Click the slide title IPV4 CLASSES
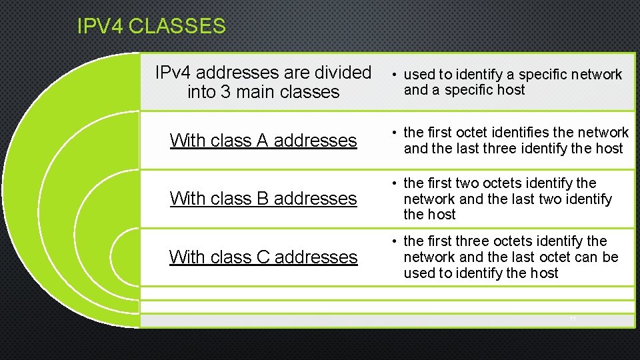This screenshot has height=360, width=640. [x=151, y=27]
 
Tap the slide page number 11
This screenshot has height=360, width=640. [x=573, y=320]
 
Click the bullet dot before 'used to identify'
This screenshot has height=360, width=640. [x=395, y=75]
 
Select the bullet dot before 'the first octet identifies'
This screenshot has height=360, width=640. [x=395, y=133]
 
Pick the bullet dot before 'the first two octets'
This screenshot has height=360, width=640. [x=395, y=183]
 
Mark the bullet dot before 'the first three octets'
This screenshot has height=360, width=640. [x=395, y=241]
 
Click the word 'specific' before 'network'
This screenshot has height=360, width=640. [x=541, y=74]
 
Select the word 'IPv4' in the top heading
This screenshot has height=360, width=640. [x=173, y=72]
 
